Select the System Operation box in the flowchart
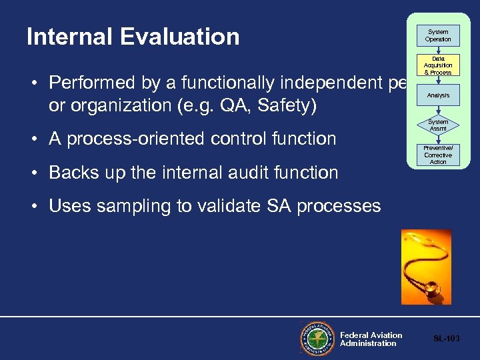438,35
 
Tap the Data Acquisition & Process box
438,65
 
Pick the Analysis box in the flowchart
438,95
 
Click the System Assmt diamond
438,125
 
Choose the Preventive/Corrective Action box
438,155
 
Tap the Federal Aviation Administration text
371,339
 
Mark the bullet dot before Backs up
33,173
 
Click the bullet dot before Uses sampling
33,207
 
